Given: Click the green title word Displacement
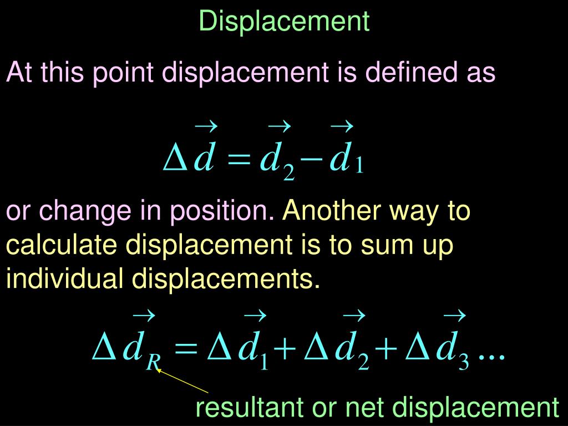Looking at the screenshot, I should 284,21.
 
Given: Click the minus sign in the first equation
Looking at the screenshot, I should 312,160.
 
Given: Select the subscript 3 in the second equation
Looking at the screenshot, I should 464,363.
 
